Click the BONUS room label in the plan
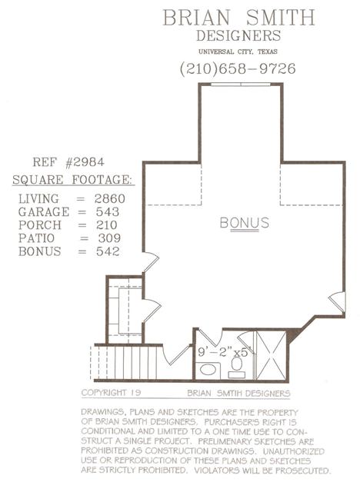pos(245,223)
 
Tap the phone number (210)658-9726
pos(238,68)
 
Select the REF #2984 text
pos(68,162)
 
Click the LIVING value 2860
pos(110,198)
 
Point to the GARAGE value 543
pos(108,212)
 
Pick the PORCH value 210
pos(107,225)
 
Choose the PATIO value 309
pos(109,238)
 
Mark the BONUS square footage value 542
pos(108,251)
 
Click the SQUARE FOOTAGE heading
pos(72,180)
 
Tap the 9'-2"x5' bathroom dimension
pos(223,352)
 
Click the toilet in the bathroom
pos(237,367)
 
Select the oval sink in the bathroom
pos(208,369)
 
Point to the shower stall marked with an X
pos(272,355)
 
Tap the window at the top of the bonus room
pos(241,84)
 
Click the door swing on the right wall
pos(338,301)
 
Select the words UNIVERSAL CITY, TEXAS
pos(238,52)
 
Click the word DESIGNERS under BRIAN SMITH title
pos(238,35)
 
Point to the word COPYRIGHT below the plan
pos(104,393)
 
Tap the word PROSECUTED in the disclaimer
pos(303,470)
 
